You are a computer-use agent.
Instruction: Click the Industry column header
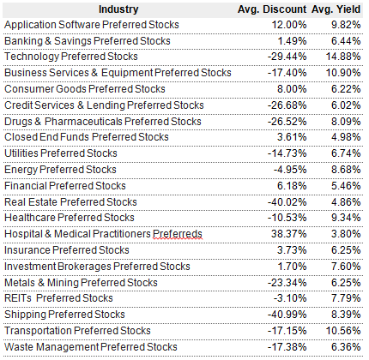(118, 9)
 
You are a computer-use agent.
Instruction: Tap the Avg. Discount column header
(272, 9)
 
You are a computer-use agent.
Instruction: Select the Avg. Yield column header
(336, 9)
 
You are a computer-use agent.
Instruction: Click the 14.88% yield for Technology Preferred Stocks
(343, 57)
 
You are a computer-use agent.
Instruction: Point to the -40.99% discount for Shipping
(287, 315)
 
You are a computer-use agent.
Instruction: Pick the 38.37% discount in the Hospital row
(289, 234)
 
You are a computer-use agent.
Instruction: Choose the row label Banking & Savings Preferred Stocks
(88, 41)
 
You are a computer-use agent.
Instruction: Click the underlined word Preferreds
(178, 234)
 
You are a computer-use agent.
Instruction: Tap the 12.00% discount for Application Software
(289, 25)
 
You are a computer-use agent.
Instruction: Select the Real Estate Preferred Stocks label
(70, 202)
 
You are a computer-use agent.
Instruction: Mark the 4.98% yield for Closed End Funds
(346, 137)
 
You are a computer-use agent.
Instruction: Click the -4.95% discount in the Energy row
(290, 170)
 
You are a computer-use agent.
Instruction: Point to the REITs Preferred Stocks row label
(58, 298)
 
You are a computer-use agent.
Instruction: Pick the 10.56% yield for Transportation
(343, 331)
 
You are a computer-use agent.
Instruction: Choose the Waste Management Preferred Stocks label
(91, 347)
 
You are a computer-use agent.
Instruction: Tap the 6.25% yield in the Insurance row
(346, 250)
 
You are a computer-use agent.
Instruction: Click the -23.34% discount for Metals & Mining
(287, 283)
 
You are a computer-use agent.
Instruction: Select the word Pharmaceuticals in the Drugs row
(83, 122)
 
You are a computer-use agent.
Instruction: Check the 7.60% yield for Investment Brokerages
(346, 267)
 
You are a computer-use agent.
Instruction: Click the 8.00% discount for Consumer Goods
(292, 89)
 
